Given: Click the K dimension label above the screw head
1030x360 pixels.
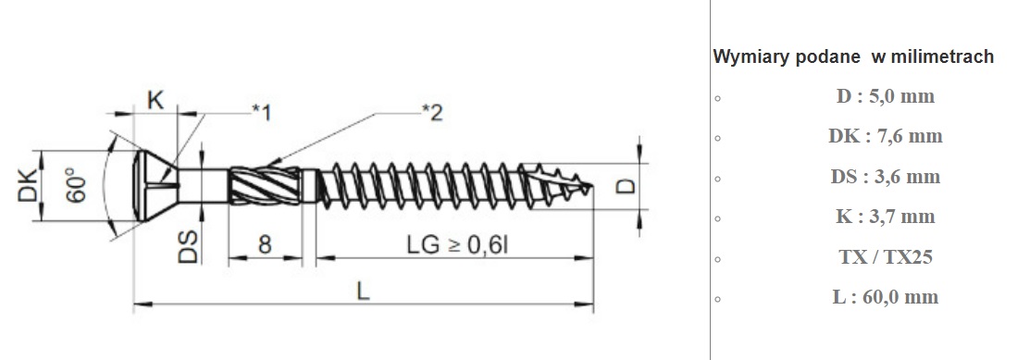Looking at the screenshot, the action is [155, 101].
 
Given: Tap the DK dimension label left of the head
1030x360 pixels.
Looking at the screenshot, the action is [28, 186].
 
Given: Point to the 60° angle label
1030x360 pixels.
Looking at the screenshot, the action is [76, 186].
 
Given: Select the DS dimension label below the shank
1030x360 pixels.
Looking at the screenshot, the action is [189, 246].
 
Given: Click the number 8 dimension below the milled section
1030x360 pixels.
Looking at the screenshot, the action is [264, 244].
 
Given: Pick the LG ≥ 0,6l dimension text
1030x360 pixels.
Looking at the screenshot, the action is [457, 244].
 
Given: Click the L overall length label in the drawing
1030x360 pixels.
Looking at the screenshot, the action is [363, 290].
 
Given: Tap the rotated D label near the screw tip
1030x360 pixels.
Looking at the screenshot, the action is [627, 186].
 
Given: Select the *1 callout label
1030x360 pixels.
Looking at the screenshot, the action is [262, 112].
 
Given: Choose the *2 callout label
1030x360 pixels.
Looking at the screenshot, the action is [432, 112].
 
